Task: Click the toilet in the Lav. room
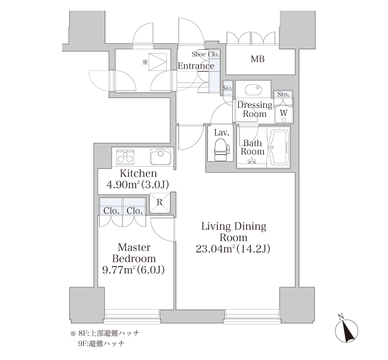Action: pyautogui.click(x=222, y=149)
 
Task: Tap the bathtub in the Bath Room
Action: pyautogui.click(x=279, y=147)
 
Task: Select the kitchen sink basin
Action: pyautogui.click(x=161, y=157)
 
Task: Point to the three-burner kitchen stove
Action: pyautogui.click(x=125, y=157)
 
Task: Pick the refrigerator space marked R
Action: pyautogui.click(x=160, y=203)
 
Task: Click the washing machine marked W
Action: pyautogui.click(x=284, y=113)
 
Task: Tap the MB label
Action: pyautogui.click(x=258, y=59)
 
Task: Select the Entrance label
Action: pyautogui.click(x=196, y=66)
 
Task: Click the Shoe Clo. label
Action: pyautogui.click(x=206, y=54)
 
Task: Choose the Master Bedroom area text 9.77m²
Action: pyautogui.click(x=119, y=270)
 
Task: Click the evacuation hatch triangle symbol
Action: pyautogui.click(x=157, y=62)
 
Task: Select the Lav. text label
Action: pyautogui.click(x=222, y=133)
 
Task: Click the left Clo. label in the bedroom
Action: pyautogui.click(x=111, y=211)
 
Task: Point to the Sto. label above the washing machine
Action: pyautogui.click(x=283, y=94)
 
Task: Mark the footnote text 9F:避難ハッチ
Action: pyautogui.click(x=101, y=344)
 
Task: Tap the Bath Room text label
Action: pyautogui.click(x=253, y=147)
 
